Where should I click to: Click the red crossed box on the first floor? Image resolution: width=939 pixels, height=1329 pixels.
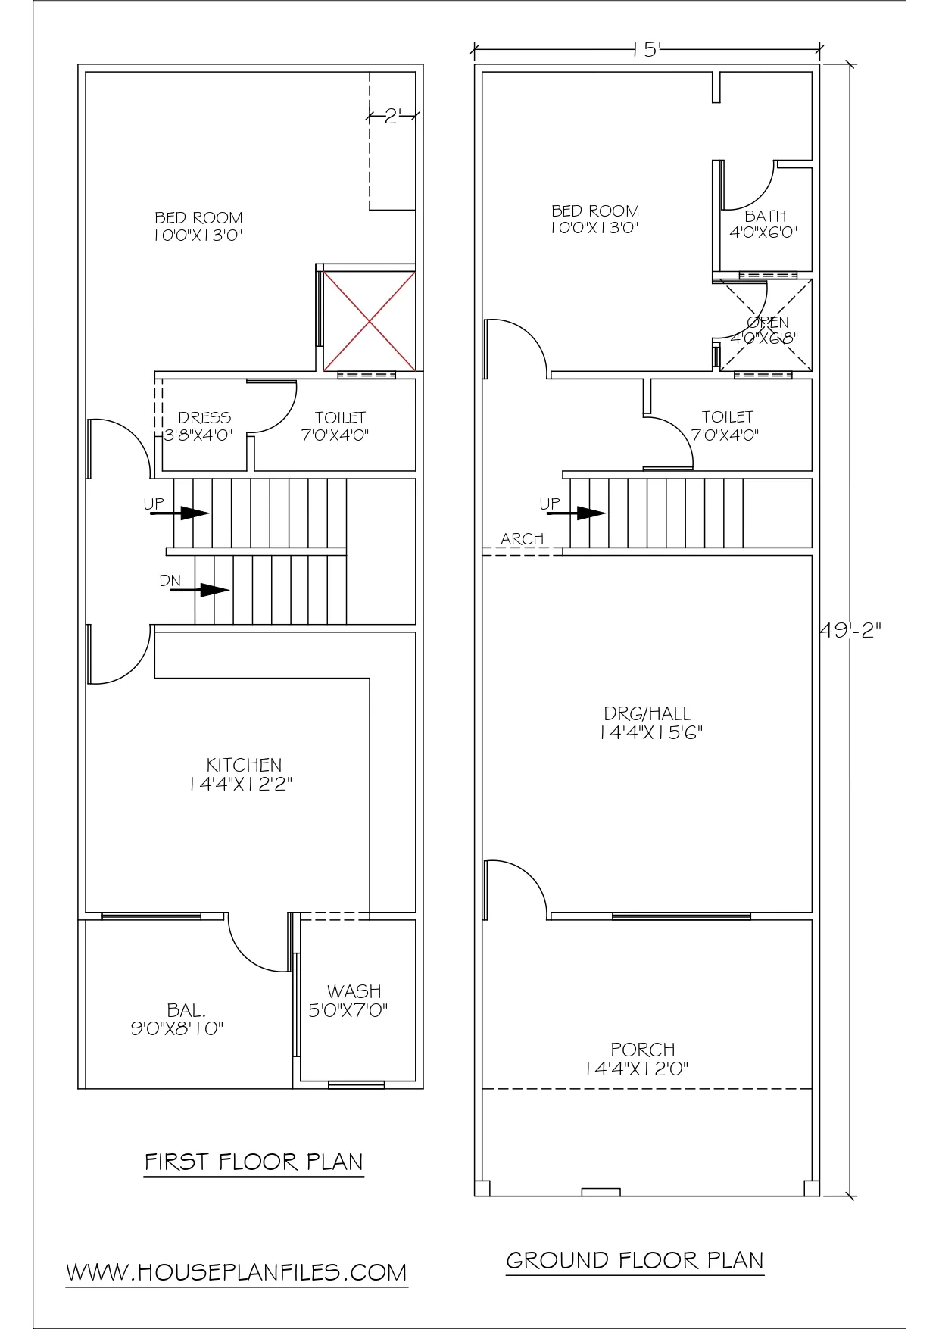point(370,321)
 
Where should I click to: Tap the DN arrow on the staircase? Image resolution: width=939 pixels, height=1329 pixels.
point(200,590)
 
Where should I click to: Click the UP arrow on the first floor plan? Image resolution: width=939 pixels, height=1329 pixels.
point(180,513)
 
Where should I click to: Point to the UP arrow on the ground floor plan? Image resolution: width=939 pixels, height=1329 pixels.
point(577,513)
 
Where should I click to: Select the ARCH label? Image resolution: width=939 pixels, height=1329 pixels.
point(523,538)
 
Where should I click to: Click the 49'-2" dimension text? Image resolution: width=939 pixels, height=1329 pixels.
point(851,630)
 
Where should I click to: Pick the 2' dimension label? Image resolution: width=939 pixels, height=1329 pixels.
point(392,117)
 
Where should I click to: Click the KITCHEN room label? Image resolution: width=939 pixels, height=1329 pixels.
point(244,765)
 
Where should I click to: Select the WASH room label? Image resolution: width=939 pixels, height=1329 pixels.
point(354,991)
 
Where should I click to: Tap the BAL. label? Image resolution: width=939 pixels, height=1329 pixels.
point(186,1010)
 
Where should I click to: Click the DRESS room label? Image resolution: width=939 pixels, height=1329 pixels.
point(204,417)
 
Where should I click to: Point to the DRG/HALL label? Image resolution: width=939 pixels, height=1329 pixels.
point(647,713)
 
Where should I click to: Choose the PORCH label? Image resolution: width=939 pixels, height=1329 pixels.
point(643,1050)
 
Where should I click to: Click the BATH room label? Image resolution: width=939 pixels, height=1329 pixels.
point(766,216)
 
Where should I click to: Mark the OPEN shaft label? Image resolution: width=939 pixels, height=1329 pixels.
point(768,322)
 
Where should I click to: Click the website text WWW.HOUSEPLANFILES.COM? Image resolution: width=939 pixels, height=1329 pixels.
point(236,1272)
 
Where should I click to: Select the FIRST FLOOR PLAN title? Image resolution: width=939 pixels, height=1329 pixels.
point(254,1162)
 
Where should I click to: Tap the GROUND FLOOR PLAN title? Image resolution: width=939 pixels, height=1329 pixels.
point(635,1260)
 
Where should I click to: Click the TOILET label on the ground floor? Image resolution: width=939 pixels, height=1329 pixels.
point(728,416)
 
